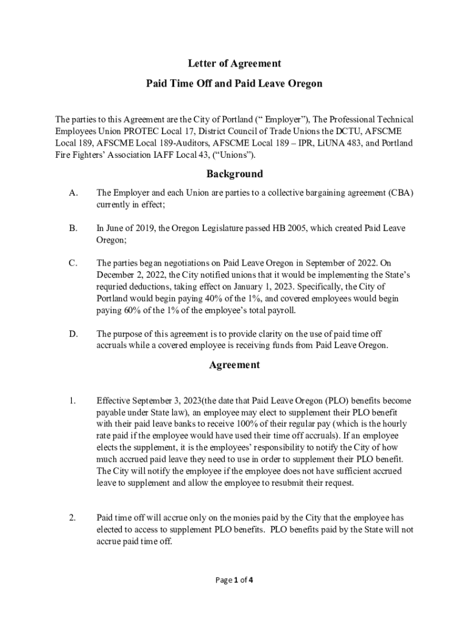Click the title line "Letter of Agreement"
[x=234, y=63]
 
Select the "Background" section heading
[x=234, y=174]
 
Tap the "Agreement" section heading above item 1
[x=234, y=365]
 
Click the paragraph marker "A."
[x=74, y=193]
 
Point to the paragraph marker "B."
[x=73, y=228]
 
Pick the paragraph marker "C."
[x=73, y=263]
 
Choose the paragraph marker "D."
[x=74, y=334]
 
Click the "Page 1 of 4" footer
[x=234, y=580]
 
